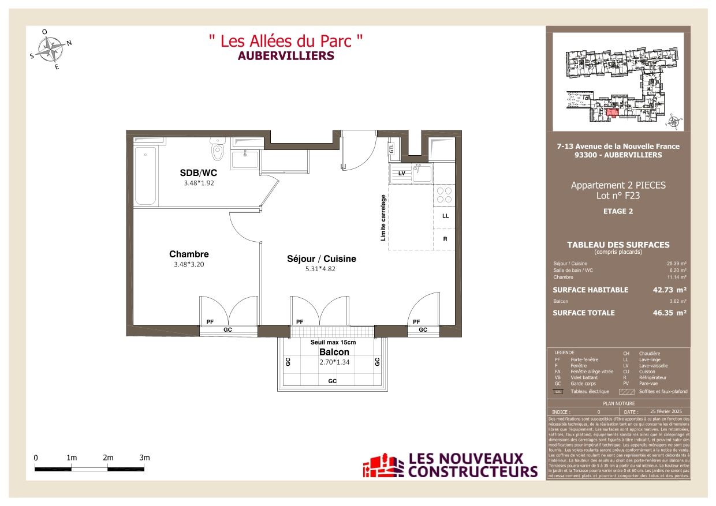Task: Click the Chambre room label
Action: tap(189, 254)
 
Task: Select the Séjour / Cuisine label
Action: tap(322, 259)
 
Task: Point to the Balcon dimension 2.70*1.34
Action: tap(334, 362)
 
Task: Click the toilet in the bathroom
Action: tap(217, 151)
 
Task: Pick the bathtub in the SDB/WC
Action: tap(146, 175)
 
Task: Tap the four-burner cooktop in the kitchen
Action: tap(444, 194)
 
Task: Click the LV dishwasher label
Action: tap(401, 173)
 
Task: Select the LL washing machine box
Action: tap(445, 216)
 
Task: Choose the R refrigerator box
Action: tap(445, 238)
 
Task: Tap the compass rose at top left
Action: tap(54, 49)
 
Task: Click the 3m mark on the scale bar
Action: tap(144, 458)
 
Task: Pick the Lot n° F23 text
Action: tap(618, 196)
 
